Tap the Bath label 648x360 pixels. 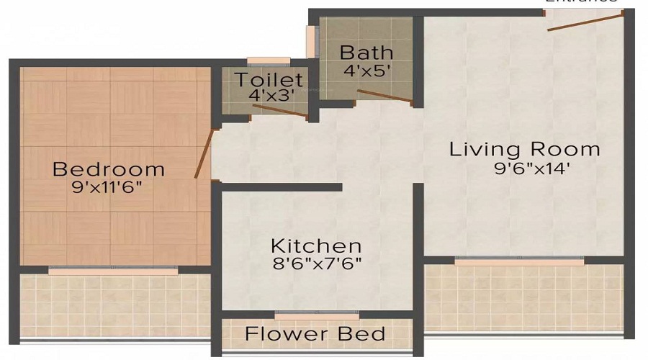pyautogui.click(x=366, y=53)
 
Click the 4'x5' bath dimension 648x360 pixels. pyautogui.click(x=366, y=71)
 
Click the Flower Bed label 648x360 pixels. pyautogui.click(x=315, y=334)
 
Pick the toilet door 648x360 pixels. pyautogui.click(x=280, y=110)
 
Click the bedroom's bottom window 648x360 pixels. pyautogui.click(x=112, y=270)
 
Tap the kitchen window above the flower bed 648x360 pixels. pyautogui.click(x=317, y=315)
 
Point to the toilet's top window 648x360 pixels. pyautogui.click(x=268, y=61)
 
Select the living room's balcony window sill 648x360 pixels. pyautogui.click(x=524, y=261)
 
